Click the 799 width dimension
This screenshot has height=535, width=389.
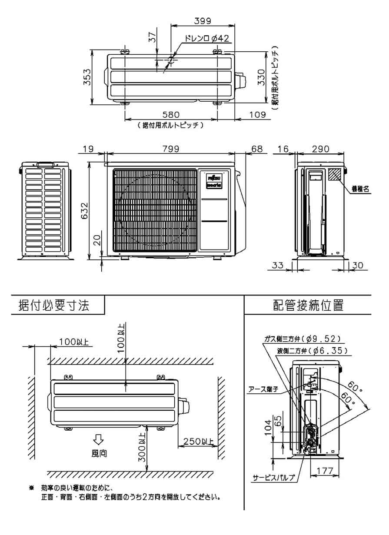(x=171, y=149)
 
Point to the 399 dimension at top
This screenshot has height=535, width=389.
(x=202, y=20)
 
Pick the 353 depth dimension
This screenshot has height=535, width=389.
(x=87, y=77)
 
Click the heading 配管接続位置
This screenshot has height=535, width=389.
(x=308, y=305)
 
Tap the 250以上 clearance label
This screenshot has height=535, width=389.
(x=198, y=442)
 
